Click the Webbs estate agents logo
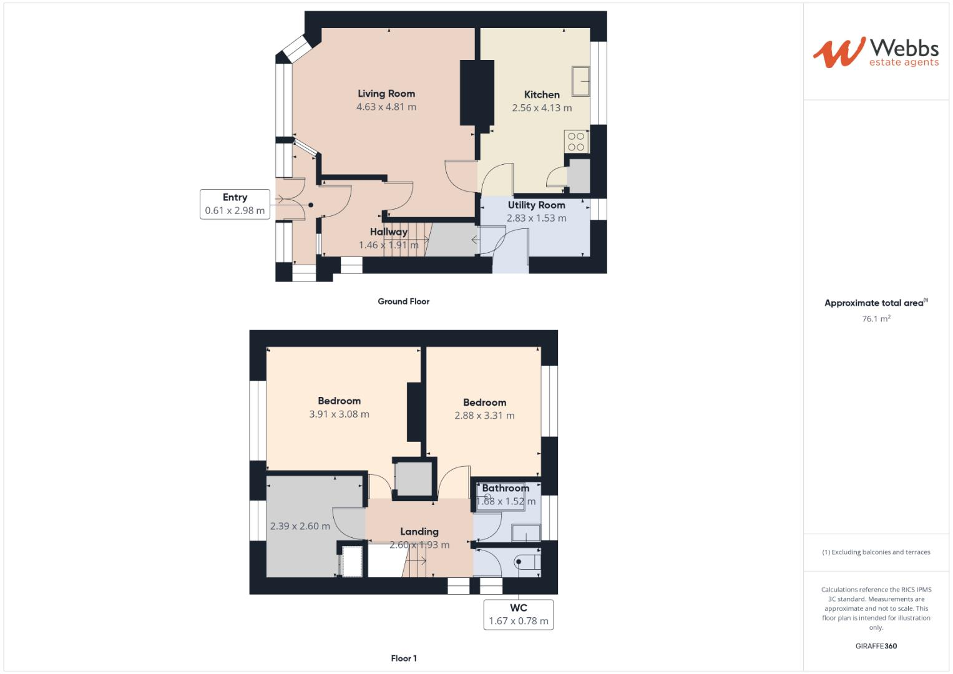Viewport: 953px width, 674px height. (x=875, y=52)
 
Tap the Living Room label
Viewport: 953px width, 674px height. (x=386, y=94)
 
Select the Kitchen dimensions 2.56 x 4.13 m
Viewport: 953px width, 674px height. (x=542, y=108)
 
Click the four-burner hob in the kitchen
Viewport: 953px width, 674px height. (x=576, y=142)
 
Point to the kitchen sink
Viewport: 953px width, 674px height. (x=582, y=81)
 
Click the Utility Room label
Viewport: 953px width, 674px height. (x=536, y=205)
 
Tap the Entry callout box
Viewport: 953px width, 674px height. (x=235, y=204)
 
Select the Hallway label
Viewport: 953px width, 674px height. (x=388, y=232)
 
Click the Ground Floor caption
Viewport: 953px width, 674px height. (x=403, y=301)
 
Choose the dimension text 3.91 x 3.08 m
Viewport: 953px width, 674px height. (x=339, y=414)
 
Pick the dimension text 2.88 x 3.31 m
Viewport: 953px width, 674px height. (x=484, y=416)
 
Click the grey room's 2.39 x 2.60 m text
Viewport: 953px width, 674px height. (x=300, y=526)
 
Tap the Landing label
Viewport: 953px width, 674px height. (x=419, y=532)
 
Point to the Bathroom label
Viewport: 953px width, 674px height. (x=505, y=488)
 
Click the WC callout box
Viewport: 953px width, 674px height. (x=518, y=614)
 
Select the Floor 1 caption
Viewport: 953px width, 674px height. (x=403, y=658)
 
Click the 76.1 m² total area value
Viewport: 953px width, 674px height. (x=876, y=319)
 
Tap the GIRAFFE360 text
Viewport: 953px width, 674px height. (x=876, y=646)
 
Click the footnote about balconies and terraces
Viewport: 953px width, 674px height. (x=876, y=552)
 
